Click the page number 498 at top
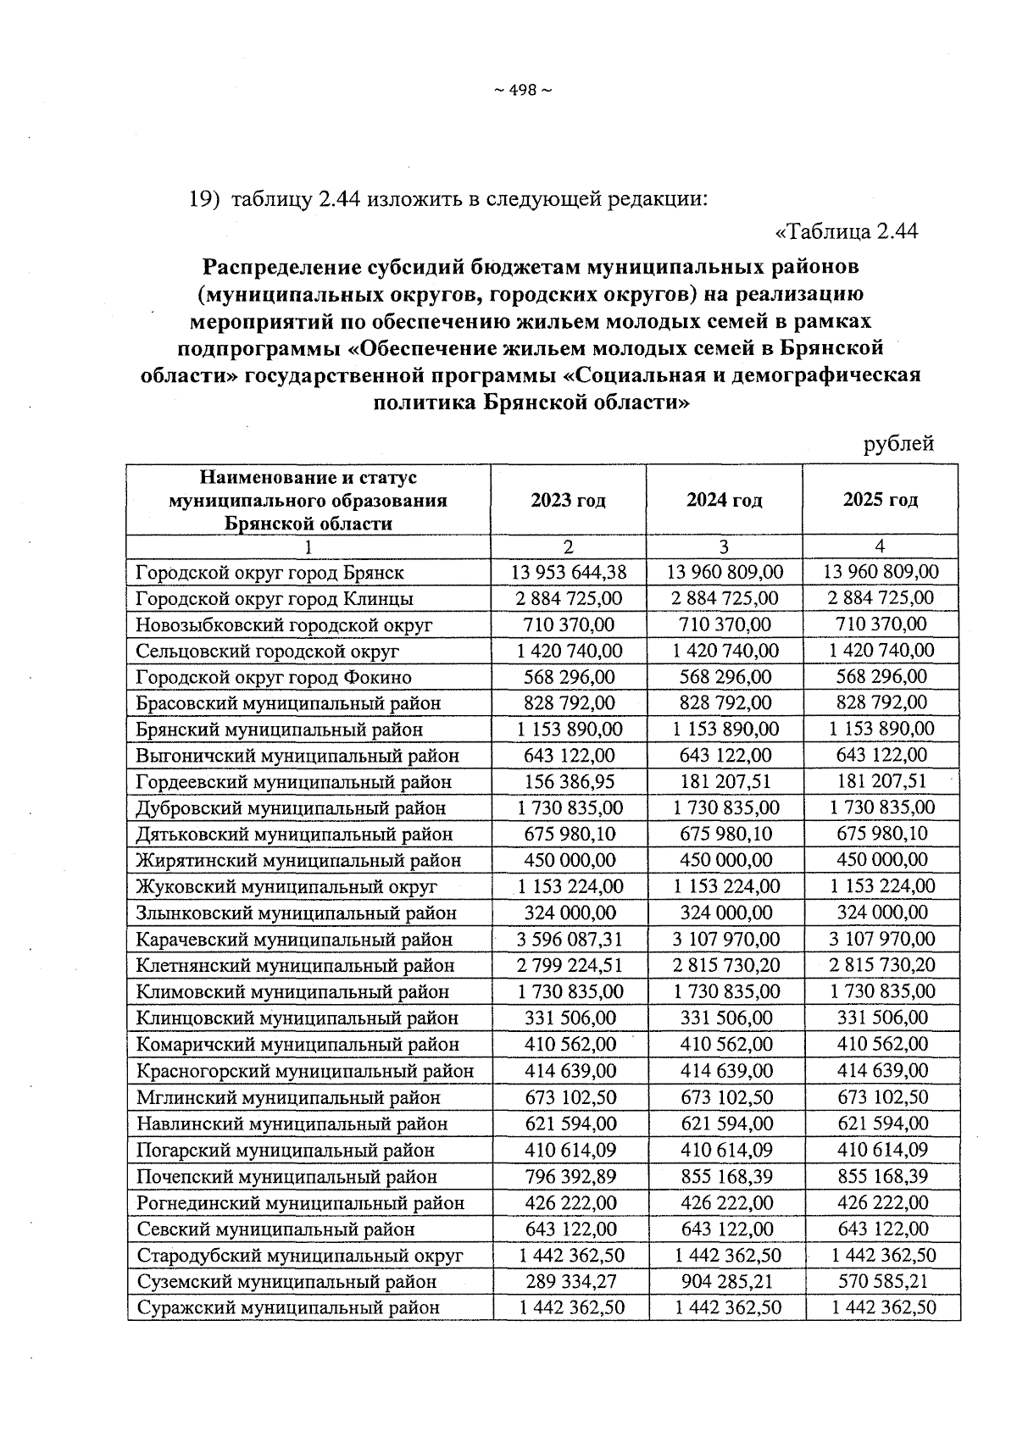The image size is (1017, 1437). pyautogui.click(x=522, y=92)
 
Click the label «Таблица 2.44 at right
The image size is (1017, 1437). pyautogui.click(x=847, y=231)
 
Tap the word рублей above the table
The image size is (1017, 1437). pyautogui.click(x=898, y=443)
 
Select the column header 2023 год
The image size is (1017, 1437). pyautogui.click(x=568, y=501)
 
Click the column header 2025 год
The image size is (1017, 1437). pyautogui.click(x=880, y=500)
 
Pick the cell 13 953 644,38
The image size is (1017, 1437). pyautogui.click(x=569, y=573)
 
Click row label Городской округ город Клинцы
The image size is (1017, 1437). pyautogui.click(x=275, y=599)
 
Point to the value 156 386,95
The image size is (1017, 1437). pyautogui.click(x=569, y=782)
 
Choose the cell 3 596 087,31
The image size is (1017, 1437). pyautogui.click(x=569, y=940)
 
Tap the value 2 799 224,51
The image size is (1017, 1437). pyautogui.click(x=569, y=966)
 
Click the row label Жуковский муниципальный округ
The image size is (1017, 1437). pyautogui.click(x=286, y=887)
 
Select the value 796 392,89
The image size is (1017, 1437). pyautogui.click(x=569, y=1177)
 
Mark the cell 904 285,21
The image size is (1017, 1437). pyautogui.click(x=725, y=1282)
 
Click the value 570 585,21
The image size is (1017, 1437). pyautogui.click(x=881, y=1282)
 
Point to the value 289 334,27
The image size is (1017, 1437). pyautogui.click(x=569, y=1282)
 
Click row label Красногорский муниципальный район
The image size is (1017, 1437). pyautogui.click(x=305, y=1071)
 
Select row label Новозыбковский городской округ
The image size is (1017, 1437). pyautogui.click(x=284, y=625)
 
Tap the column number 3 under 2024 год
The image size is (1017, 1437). pyautogui.click(x=725, y=547)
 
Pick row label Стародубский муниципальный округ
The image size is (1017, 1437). pyautogui.click(x=300, y=1256)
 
